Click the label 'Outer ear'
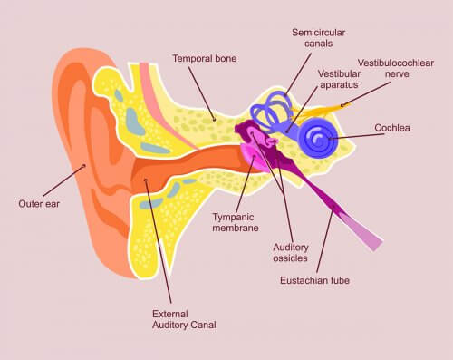40,203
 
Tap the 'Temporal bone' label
204,59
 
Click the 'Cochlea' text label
392,128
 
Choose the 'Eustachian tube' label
314,280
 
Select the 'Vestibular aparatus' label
341,79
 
